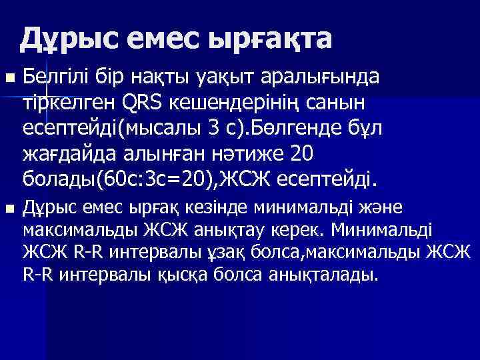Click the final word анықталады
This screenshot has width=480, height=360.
(x=326, y=275)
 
